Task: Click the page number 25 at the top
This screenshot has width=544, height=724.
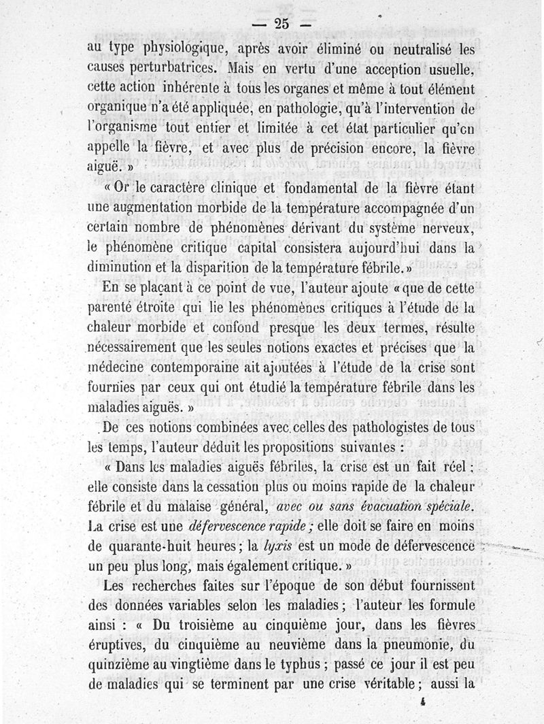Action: click(x=282, y=23)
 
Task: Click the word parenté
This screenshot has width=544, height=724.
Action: click(x=117, y=308)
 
